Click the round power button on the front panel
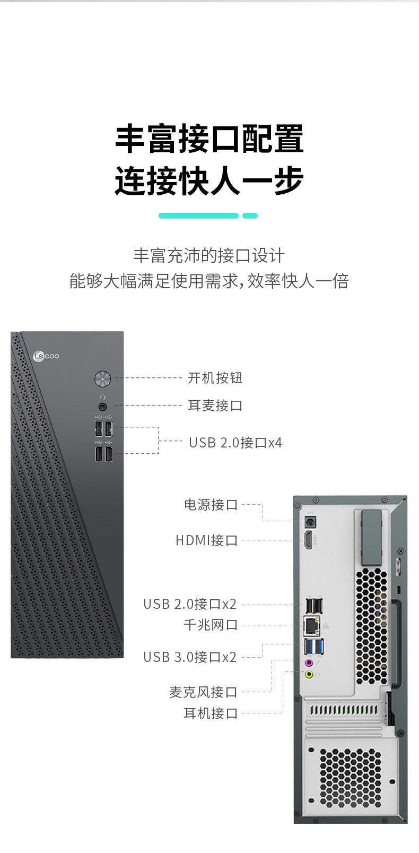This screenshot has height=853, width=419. [x=102, y=378]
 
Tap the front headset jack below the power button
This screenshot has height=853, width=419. [x=103, y=407]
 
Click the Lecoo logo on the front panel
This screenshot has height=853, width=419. [x=46, y=356]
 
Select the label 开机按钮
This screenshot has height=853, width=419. [x=215, y=378]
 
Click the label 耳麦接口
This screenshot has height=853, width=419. [x=215, y=406]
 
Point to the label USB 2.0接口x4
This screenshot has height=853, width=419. [x=235, y=442]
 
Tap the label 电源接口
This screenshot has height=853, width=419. [x=211, y=504]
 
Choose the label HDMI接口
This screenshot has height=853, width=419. [x=206, y=540]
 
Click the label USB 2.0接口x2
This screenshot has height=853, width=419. [x=189, y=604]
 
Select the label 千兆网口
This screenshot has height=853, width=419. [x=211, y=625]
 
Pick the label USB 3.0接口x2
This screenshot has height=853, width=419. [x=189, y=657]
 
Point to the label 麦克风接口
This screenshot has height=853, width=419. [x=203, y=692]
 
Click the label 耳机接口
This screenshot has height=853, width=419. [x=211, y=713]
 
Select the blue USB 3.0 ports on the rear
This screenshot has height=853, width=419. [x=314, y=647]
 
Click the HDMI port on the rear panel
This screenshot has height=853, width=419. [x=308, y=541]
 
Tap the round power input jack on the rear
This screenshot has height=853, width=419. [x=309, y=522]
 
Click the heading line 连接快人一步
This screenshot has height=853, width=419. [x=209, y=180]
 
